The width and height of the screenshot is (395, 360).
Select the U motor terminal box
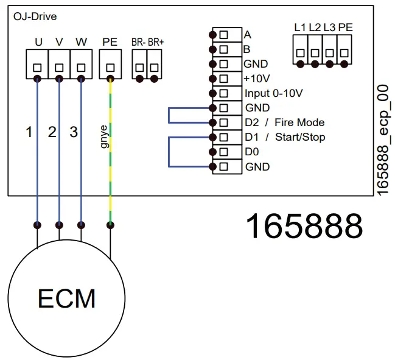(x=37, y=65)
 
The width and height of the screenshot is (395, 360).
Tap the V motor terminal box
(x=59, y=65)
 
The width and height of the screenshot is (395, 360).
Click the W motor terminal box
(x=81, y=65)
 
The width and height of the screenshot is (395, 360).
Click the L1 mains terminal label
(x=299, y=27)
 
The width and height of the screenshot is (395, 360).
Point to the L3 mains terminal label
(x=329, y=27)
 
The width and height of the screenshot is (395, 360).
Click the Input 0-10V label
(x=273, y=93)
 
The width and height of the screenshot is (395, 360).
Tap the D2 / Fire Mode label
(x=284, y=122)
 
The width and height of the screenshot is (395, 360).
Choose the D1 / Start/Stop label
(x=284, y=137)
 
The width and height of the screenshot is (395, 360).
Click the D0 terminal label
(x=251, y=152)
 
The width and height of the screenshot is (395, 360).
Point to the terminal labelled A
(x=248, y=34)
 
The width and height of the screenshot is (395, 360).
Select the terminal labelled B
(x=248, y=49)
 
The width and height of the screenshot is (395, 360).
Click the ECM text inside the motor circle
(x=67, y=298)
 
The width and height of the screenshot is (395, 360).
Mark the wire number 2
(x=52, y=132)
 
